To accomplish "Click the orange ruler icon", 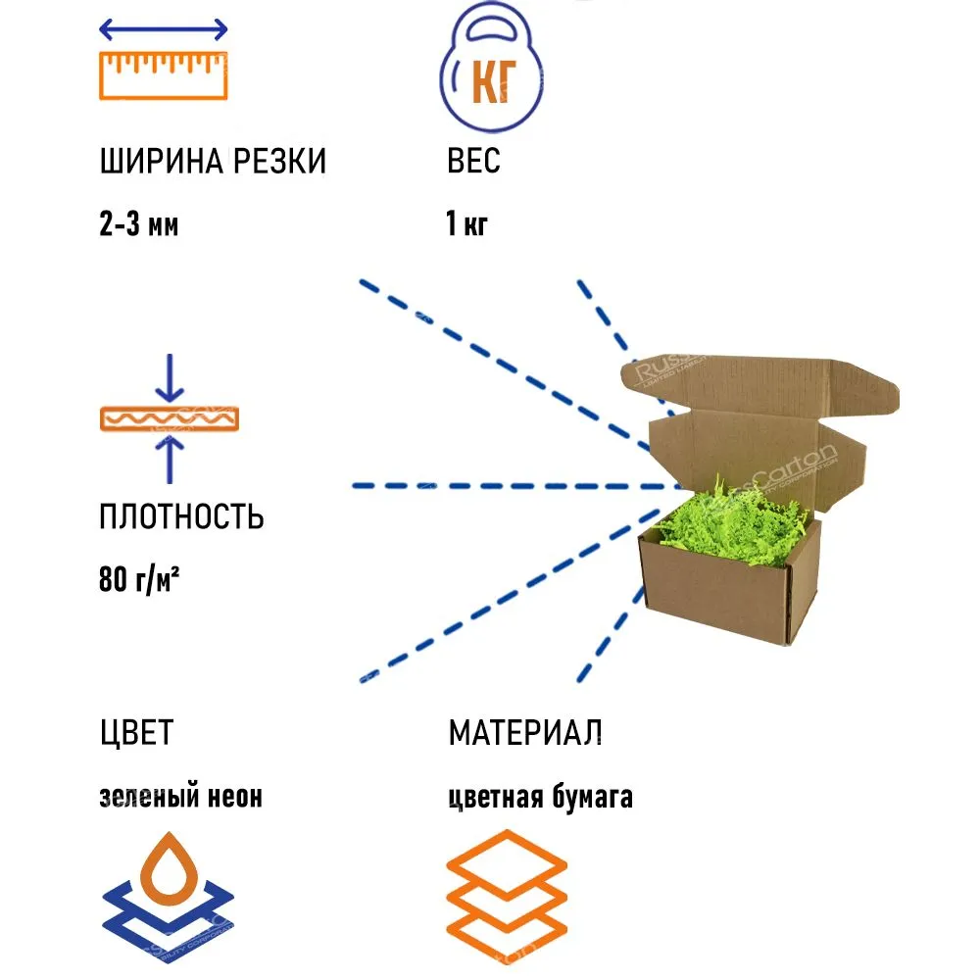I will (165, 76).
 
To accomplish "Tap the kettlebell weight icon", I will (486, 78).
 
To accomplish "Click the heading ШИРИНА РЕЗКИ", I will (213, 162).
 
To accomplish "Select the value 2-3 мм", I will (139, 225).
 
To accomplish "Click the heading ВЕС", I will (473, 162).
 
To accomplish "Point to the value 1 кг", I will (466, 225).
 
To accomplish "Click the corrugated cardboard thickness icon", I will (170, 418).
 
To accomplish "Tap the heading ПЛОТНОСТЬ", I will (181, 516).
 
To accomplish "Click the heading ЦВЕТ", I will (136, 732).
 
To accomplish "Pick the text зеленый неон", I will (181, 797).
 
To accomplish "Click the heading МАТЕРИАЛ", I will (525, 732).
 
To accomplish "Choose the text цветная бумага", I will (540, 797).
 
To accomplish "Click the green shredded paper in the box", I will (725, 519).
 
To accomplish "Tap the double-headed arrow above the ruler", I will (165, 28).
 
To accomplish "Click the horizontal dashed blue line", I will (514, 485).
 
